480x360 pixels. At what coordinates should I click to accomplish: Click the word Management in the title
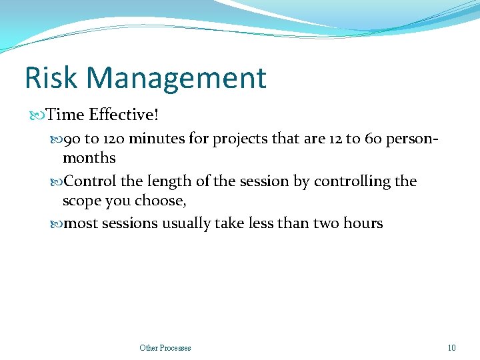pyautogui.click(x=177, y=78)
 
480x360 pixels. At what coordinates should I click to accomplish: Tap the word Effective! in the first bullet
pyautogui.click(x=125, y=115)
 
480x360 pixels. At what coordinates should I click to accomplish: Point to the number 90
pyautogui.click(x=71, y=139)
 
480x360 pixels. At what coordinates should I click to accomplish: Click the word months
pyautogui.click(x=89, y=158)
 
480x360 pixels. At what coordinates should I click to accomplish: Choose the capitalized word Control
pyautogui.click(x=89, y=181)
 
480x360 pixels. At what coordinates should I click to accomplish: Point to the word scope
pyautogui.click(x=81, y=201)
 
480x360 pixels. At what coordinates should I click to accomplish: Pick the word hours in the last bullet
pyautogui.click(x=362, y=223)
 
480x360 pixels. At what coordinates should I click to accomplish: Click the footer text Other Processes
pyautogui.click(x=165, y=347)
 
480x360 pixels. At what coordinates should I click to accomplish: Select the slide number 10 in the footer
pyautogui.click(x=451, y=347)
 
